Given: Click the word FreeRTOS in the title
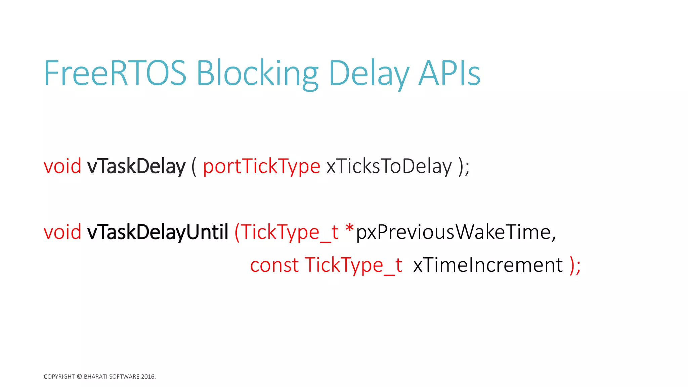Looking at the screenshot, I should point(115,73).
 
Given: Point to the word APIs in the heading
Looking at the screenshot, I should point(449,73).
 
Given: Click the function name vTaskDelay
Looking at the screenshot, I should point(136,166).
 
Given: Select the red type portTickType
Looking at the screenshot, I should point(261,167).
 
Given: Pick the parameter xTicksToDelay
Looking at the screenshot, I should point(389,166).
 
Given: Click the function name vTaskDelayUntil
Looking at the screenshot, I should point(158,232).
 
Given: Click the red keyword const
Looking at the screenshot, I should point(274,265).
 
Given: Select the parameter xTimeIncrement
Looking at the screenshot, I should point(488,265).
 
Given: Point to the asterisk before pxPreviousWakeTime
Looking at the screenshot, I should point(349,228).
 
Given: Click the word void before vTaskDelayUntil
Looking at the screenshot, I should point(62,232).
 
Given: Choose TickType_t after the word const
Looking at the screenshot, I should point(353,265).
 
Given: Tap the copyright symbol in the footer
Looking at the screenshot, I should point(79,377).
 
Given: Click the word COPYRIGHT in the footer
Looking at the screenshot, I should point(59,377).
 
